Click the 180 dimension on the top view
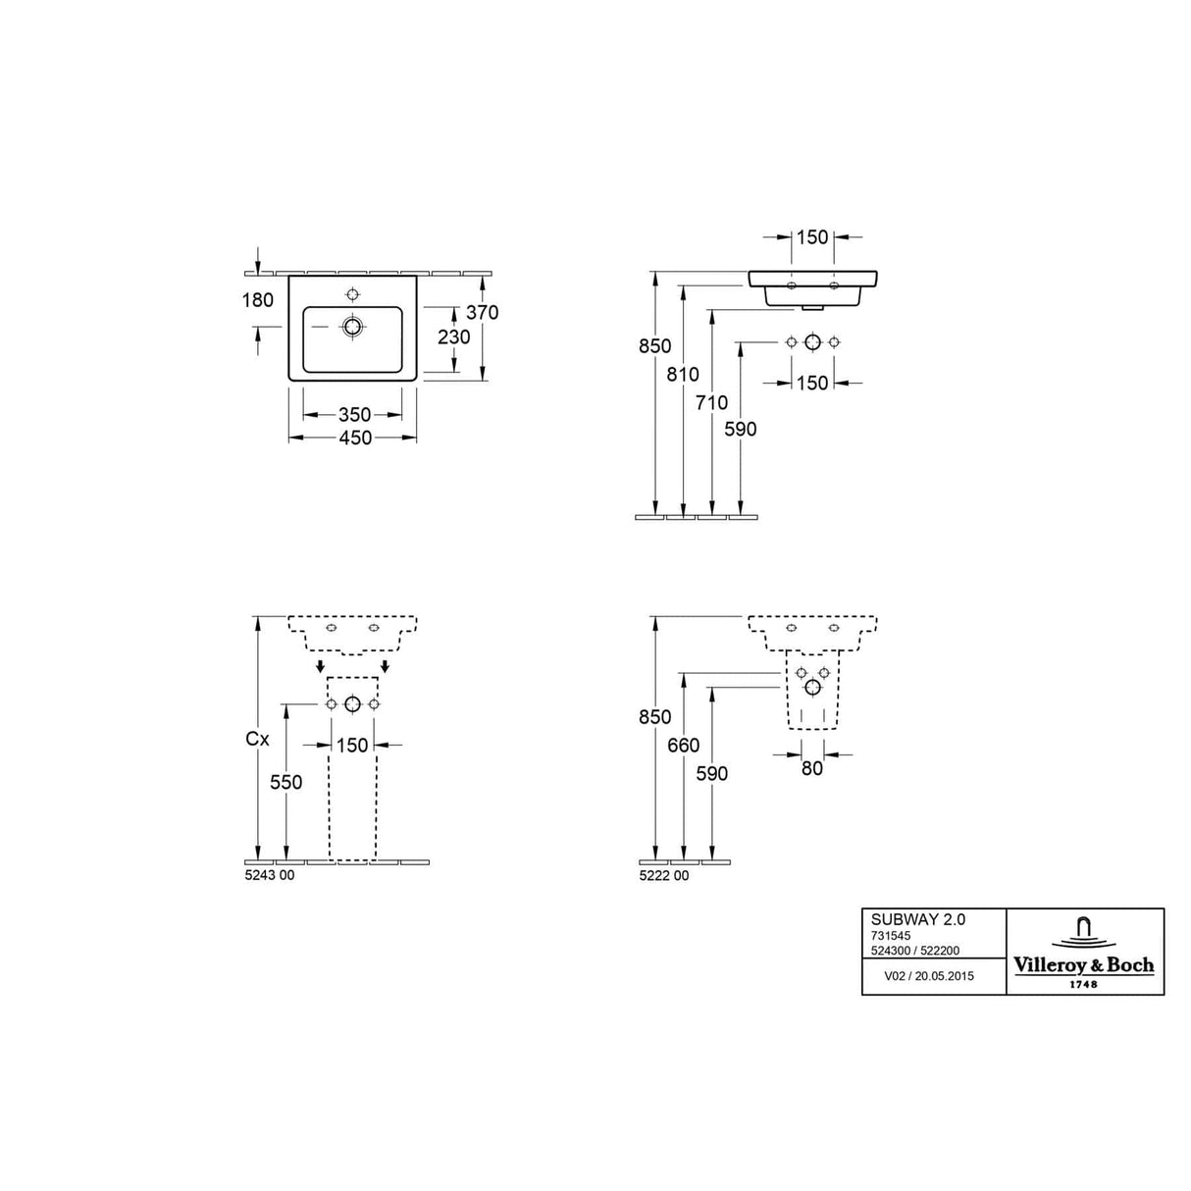pos(257,300)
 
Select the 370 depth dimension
pos(482,312)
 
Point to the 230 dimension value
pos(454,337)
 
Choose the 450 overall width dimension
pos(354,439)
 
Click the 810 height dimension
pos(683,375)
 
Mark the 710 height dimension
pos(711,402)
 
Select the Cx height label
pos(257,740)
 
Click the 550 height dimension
pos(285,782)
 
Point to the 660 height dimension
pos(683,746)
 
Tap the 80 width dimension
pos(811,769)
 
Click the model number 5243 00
pos(269,876)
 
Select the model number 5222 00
pos(663,876)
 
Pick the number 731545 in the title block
pos(891,936)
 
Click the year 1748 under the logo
pos(1082,984)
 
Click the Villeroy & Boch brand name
pos(1083,965)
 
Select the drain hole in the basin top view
pos(352,327)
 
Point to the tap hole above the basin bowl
pos(352,293)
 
